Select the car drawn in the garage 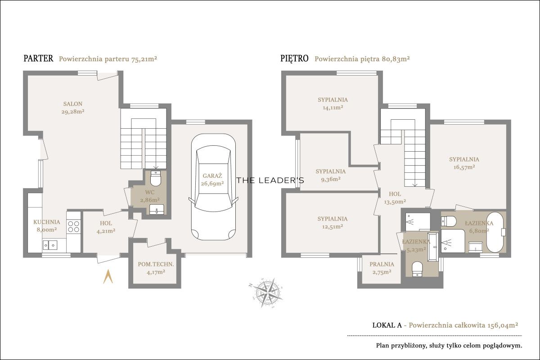[213, 187]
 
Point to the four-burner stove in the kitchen [73, 226]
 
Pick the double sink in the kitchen [50, 245]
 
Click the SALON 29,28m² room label [73, 108]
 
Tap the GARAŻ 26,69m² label [212, 180]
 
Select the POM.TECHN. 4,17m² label [156, 268]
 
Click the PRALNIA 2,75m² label [382, 268]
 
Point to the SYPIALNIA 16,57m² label [464, 163]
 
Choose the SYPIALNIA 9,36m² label [330, 175]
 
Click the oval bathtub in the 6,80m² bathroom [495, 232]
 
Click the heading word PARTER [38, 58]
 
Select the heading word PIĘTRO [294, 58]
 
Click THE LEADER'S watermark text [270, 180]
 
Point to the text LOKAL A [387, 325]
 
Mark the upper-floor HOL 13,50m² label [395, 198]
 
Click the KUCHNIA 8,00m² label [46, 226]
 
